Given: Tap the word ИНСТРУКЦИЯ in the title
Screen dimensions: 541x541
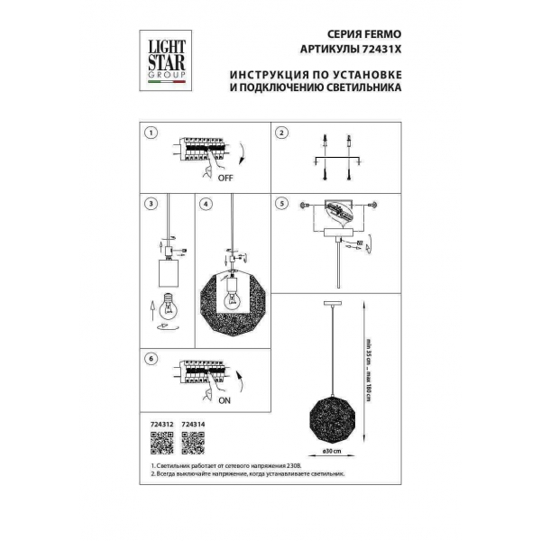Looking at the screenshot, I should coord(266,76).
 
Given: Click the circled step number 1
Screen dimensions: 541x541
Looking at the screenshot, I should coord(151,133).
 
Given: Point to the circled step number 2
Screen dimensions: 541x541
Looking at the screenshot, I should coord(281,133).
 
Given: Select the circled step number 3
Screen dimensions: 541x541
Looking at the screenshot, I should coord(151,205).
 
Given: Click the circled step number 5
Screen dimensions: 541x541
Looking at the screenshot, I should coord(281,205).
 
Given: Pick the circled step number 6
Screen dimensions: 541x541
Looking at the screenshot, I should coord(151,359).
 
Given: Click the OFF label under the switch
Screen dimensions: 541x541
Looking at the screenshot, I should coord(225,179).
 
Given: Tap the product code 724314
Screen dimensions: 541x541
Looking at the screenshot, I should coord(193,422).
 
